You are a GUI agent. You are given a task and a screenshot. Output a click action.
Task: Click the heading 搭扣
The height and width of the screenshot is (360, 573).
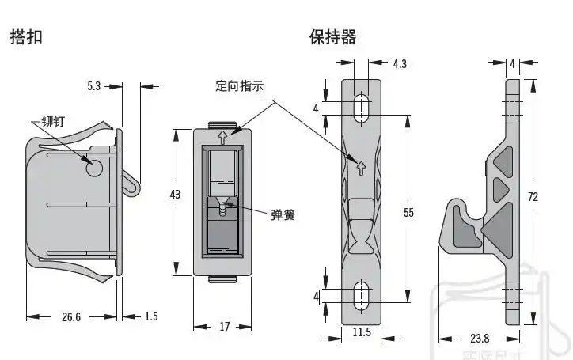click(x=26, y=37)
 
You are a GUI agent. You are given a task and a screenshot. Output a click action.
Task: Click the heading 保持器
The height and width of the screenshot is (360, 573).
click(x=332, y=37)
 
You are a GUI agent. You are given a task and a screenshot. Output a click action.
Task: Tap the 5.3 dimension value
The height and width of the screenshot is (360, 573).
click(x=94, y=85)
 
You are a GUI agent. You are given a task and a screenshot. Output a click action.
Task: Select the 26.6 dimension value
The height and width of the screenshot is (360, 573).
click(x=71, y=316)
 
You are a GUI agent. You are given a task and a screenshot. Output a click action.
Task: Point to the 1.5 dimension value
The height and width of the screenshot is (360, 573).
click(x=151, y=316)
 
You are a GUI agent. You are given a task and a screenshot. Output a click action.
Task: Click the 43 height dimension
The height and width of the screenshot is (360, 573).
click(x=176, y=194)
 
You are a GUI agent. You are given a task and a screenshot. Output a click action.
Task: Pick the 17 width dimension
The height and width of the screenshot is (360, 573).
click(x=224, y=327)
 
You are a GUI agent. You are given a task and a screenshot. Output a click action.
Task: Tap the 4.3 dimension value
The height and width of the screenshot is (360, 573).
click(x=400, y=64)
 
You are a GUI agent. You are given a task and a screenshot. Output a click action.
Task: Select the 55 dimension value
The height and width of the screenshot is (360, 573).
click(x=408, y=212)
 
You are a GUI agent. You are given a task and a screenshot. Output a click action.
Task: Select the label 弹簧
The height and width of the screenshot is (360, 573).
click(x=283, y=214)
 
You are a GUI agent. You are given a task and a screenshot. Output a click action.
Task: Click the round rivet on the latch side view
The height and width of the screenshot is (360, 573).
click(x=93, y=168)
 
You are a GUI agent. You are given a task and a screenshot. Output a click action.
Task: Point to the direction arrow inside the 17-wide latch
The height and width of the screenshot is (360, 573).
click(x=224, y=136)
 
